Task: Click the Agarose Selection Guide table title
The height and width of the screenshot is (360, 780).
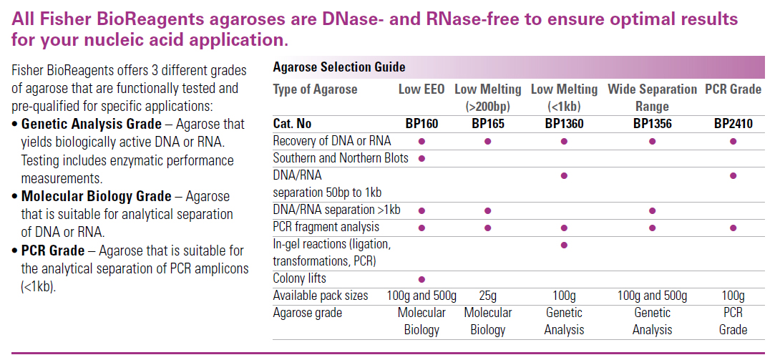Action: pos(339,67)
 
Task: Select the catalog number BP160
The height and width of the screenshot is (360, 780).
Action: pos(421,124)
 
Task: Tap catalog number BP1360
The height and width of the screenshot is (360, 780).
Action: pos(564,124)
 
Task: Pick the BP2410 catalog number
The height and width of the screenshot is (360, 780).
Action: pos(733,124)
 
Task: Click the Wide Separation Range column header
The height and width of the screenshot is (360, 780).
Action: pos(652,98)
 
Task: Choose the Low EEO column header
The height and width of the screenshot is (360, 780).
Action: pos(421,89)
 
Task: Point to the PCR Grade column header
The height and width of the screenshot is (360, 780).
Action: pos(733,89)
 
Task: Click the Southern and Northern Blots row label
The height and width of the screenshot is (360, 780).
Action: pos(341,158)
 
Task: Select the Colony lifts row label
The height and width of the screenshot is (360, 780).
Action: pos(299,278)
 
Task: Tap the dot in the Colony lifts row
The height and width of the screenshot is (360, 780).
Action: pos(421,279)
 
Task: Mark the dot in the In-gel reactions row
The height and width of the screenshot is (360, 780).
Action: pos(564,245)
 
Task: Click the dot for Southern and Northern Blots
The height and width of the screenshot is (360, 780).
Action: pos(421,158)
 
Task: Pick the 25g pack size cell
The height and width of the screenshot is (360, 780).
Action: pos(487,296)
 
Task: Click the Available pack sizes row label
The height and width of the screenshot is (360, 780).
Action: pos(321,296)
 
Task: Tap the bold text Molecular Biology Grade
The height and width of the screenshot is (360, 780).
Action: pos(97,196)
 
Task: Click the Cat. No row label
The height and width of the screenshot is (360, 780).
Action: pos(292,124)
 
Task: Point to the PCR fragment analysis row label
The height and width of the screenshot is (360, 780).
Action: pos(326,228)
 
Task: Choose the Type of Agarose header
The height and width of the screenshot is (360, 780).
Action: pos(315,89)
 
